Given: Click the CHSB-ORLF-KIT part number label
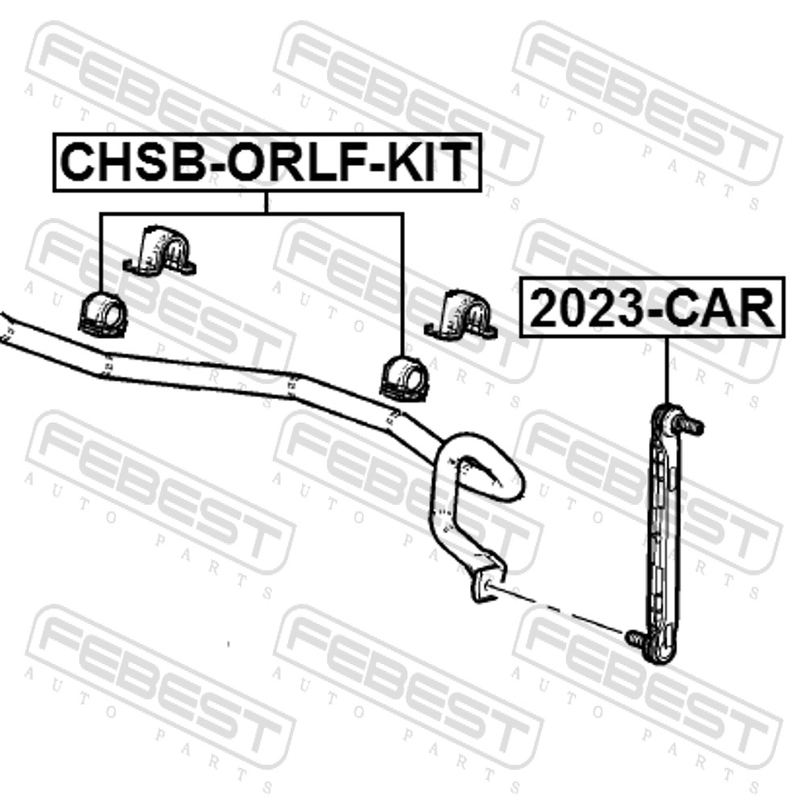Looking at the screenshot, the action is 267,163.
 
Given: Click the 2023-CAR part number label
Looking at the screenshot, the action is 653,308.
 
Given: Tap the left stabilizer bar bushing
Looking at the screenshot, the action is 103,313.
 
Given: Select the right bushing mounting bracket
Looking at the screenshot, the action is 461,315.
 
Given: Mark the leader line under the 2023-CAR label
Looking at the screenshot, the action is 667,371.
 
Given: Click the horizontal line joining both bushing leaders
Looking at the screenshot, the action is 251,213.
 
